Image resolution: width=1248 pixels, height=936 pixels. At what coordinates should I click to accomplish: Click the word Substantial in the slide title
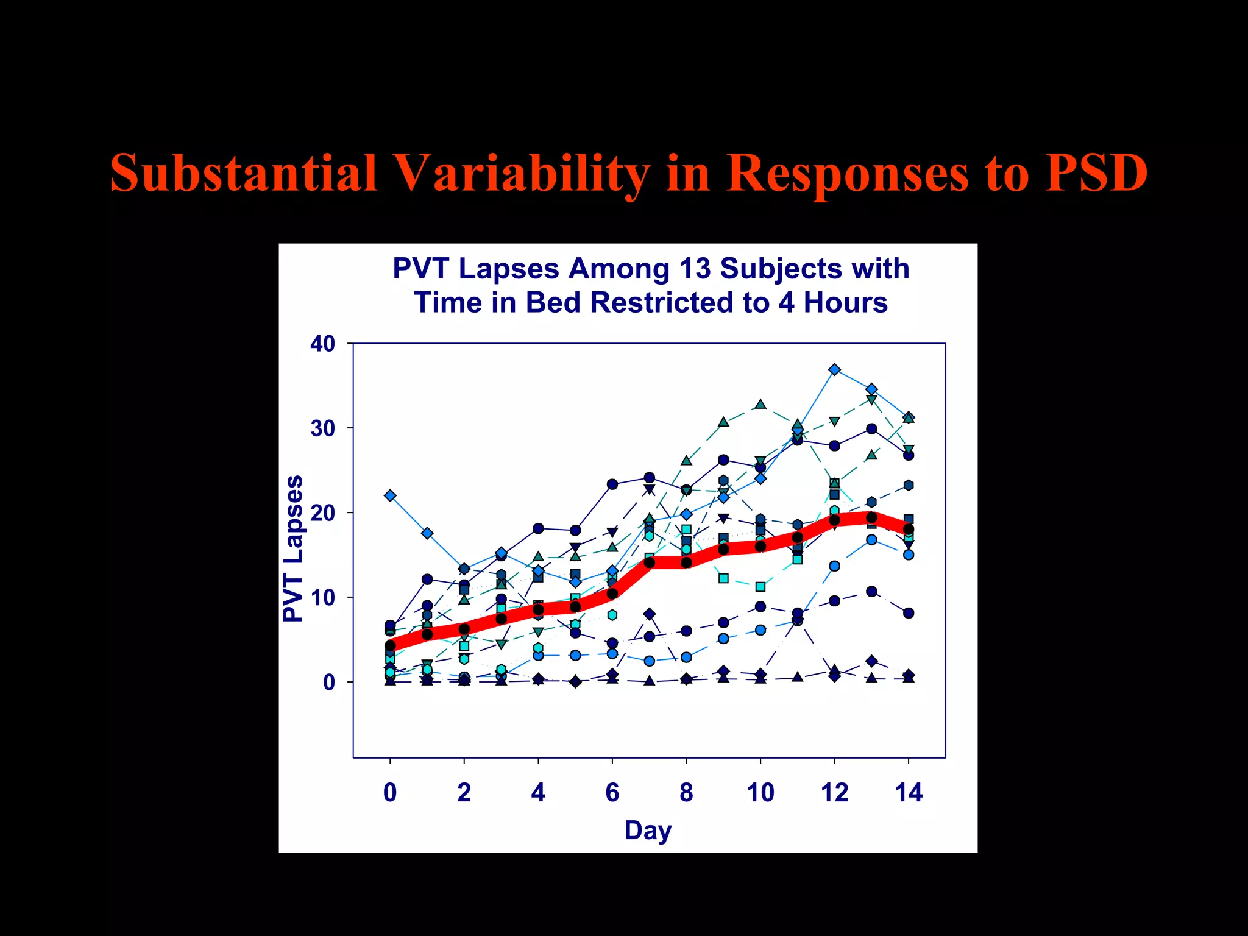point(244,173)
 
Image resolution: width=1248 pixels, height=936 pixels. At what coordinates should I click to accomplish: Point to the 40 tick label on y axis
point(323,344)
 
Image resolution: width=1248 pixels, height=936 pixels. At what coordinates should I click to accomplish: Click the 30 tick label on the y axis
point(323,428)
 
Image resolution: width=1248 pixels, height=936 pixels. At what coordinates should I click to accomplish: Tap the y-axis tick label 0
point(329,682)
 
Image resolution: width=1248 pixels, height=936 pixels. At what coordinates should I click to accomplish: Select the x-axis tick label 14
point(909,793)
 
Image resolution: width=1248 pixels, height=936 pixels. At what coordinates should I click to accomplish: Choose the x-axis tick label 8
point(686,793)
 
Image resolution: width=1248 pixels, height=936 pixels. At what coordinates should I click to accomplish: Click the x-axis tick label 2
point(464,793)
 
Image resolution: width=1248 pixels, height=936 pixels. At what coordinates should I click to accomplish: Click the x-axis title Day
point(648,830)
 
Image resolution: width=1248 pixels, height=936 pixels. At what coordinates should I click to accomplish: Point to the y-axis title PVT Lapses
point(294,548)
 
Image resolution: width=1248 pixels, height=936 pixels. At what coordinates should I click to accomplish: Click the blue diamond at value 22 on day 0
point(391,495)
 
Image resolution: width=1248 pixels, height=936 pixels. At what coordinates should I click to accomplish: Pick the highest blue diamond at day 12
point(835,370)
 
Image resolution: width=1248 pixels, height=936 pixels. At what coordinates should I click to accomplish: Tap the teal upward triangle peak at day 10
point(760,404)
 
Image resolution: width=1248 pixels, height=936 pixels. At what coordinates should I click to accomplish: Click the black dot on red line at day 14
point(909,529)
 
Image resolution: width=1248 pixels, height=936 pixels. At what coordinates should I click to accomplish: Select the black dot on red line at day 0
point(391,645)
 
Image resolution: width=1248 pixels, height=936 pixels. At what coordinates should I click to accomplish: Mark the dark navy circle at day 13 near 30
point(871,429)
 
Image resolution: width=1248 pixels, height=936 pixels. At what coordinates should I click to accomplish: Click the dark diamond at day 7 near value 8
point(650,614)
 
